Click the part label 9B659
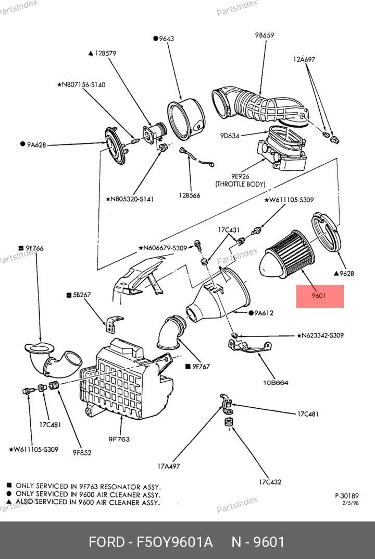coord(265,35)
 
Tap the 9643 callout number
coord(166,39)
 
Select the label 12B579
coord(105,53)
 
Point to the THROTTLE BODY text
coord(240,184)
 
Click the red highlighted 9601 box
coord(320,296)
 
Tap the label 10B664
coord(276,382)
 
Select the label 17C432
coord(270,482)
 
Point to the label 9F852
coord(82,453)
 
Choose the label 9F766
coord(33,248)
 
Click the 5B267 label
coord(82,295)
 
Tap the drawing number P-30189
coord(346,496)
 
